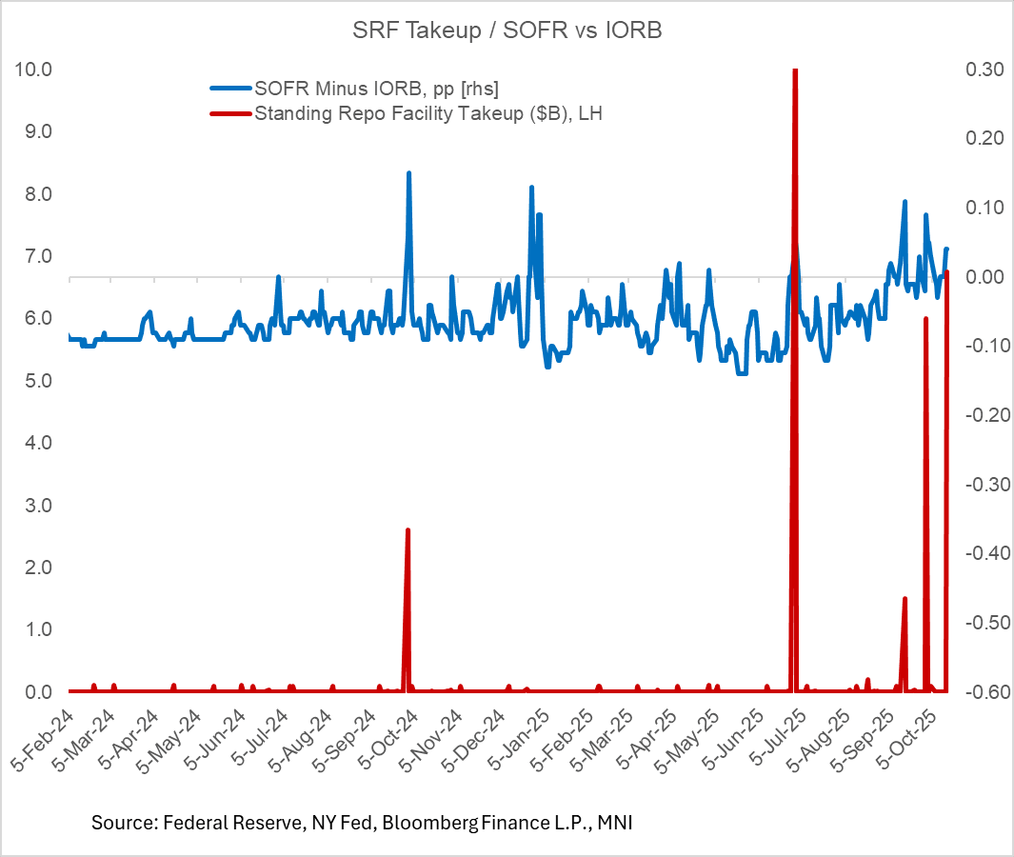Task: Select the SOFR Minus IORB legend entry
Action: pos(376,89)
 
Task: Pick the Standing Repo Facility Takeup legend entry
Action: pos(428,113)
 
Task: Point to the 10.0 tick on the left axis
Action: pos(34,70)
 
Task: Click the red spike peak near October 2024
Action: pos(408,529)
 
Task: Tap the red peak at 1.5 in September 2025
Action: pos(905,598)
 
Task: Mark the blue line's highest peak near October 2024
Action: pos(408,173)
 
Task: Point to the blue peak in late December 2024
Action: pos(531,188)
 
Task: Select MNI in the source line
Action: pos(613,822)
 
